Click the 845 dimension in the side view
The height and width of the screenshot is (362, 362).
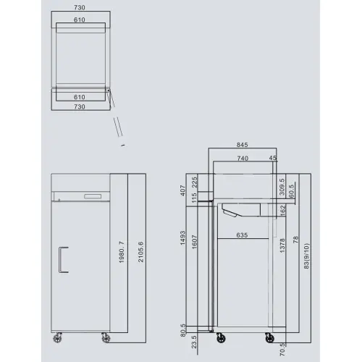(x=243, y=143)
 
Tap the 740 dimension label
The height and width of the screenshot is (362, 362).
(x=242, y=158)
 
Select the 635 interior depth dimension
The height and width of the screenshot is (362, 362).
(x=243, y=235)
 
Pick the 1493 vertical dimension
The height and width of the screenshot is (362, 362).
(x=185, y=239)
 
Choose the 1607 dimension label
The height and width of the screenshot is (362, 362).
(x=195, y=242)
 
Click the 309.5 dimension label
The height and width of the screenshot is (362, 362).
(x=282, y=187)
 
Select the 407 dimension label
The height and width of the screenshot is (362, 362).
(x=185, y=192)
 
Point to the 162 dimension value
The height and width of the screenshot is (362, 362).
(x=282, y=210)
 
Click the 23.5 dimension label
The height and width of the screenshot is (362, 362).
(x=185, y=340)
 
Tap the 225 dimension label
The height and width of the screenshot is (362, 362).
(x=195, y=181)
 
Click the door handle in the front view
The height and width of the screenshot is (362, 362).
(x=62, y=259)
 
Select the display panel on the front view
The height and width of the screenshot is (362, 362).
(x=93, y=196)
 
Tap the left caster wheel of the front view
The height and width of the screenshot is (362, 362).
(x=58, y=338)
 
